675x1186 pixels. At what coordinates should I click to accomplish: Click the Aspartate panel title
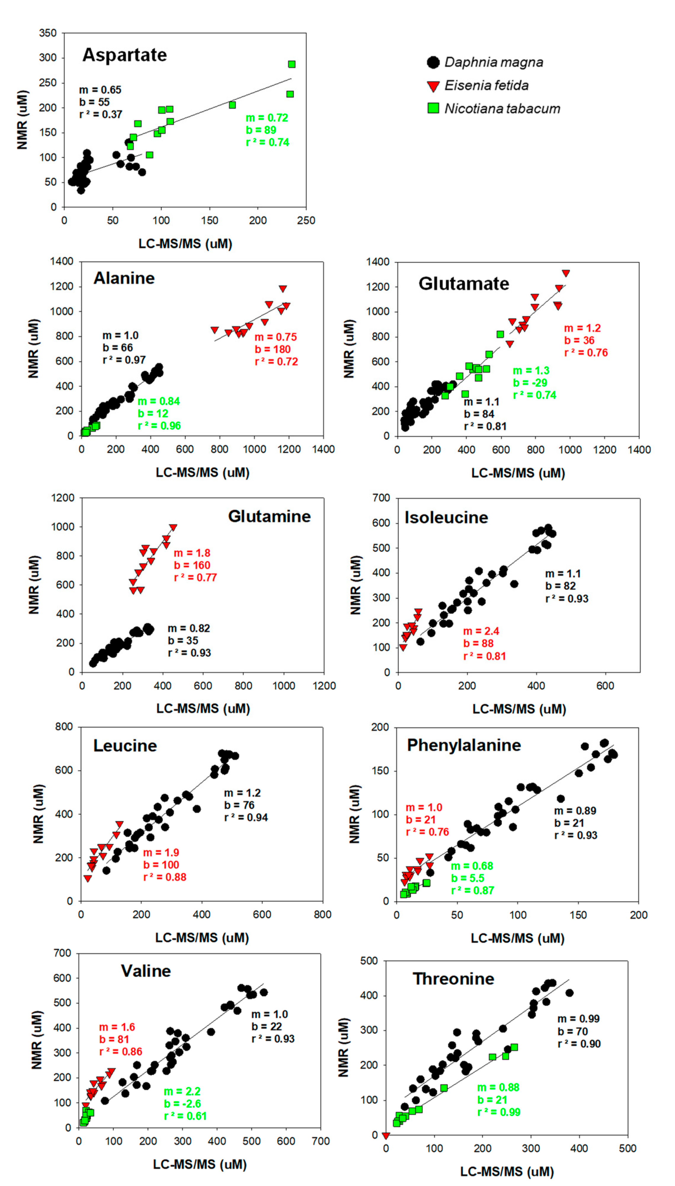124,55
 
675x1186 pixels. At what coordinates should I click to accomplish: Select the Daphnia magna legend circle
433,63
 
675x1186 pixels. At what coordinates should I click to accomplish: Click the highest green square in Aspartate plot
292,64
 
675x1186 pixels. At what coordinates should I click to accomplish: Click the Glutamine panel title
269,516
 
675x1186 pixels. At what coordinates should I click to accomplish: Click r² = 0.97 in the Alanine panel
124,360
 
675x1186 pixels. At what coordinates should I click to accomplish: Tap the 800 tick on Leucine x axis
322,914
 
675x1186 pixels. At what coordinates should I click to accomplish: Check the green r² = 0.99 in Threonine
498,1112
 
